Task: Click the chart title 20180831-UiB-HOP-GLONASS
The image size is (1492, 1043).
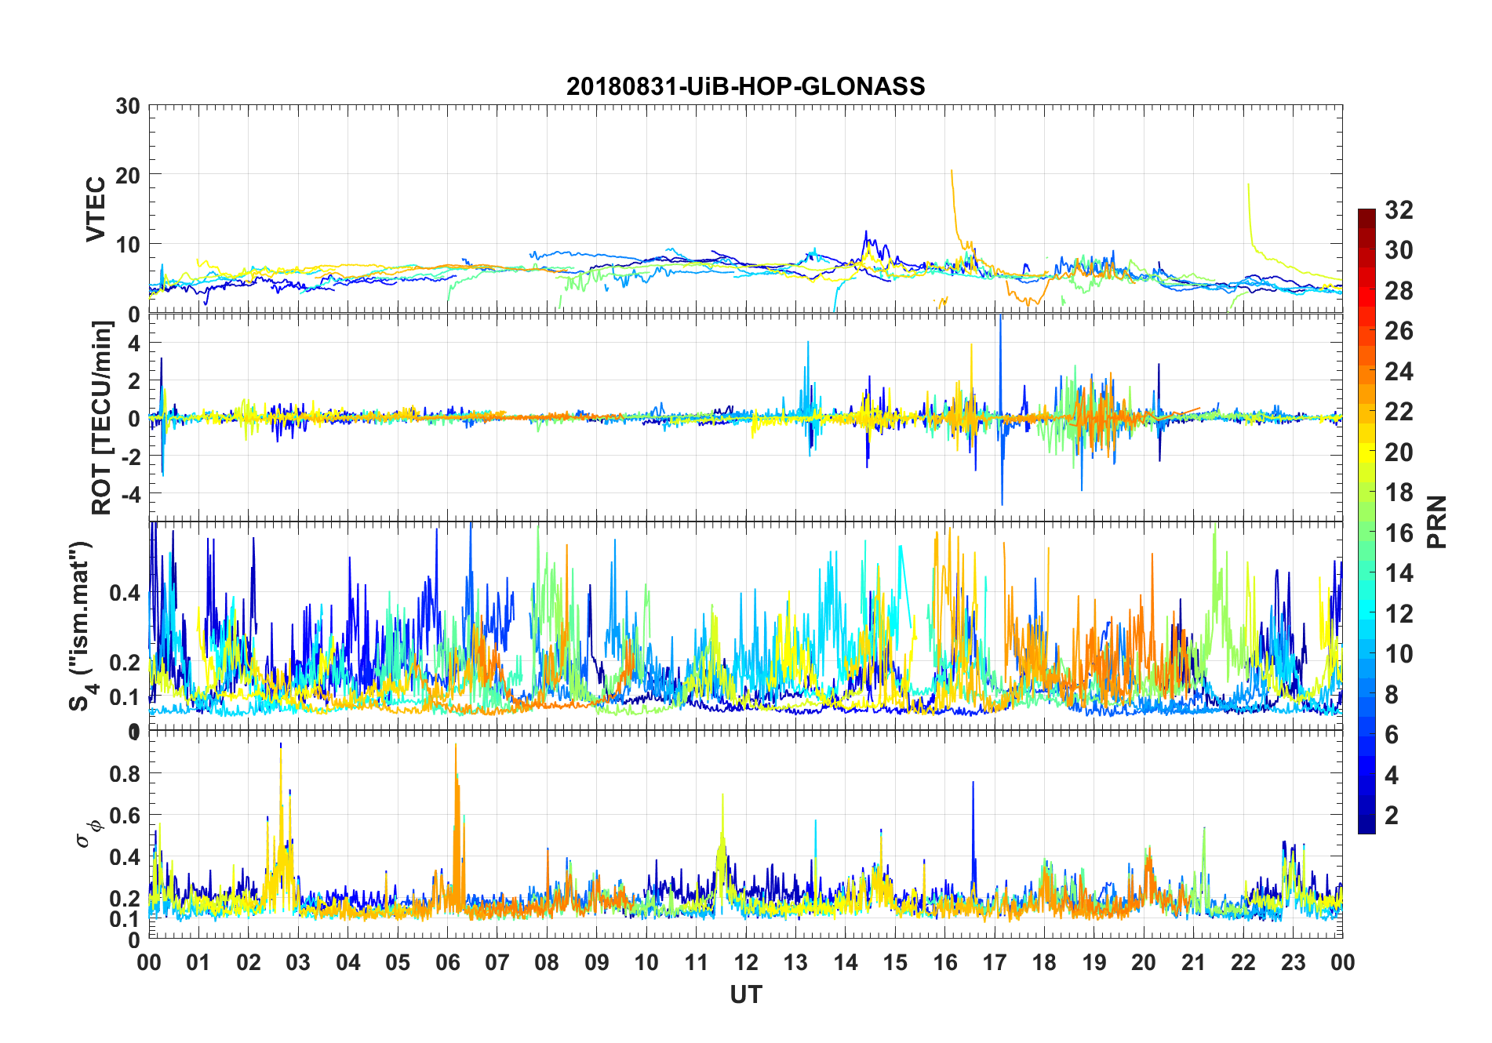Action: [745, 86]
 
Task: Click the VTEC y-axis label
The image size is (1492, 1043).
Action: [96, 209]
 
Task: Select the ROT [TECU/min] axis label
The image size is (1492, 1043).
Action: [102, 417]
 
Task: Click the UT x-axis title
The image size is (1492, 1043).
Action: [745, 994]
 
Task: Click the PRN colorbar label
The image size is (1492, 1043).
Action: [1437, 521]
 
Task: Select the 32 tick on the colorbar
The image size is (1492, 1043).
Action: [1399, 210]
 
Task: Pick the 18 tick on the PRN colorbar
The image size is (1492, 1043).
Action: [1399, 492]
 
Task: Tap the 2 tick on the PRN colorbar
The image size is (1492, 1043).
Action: [1392, 816]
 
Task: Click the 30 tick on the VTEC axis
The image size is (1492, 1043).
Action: [128, 107]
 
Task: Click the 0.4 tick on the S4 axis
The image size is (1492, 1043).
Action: [125, 593]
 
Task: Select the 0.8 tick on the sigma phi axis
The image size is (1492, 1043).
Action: [125, 774]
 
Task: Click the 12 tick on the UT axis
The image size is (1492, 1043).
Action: [746, 963]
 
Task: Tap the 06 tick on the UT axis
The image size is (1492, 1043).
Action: [447, 963]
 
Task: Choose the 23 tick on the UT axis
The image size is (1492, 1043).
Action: [1293, 963]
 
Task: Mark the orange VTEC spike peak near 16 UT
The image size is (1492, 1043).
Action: [952, 171]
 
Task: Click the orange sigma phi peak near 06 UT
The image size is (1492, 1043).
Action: [455, 745]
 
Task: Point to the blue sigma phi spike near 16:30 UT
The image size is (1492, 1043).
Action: [973, 783]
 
